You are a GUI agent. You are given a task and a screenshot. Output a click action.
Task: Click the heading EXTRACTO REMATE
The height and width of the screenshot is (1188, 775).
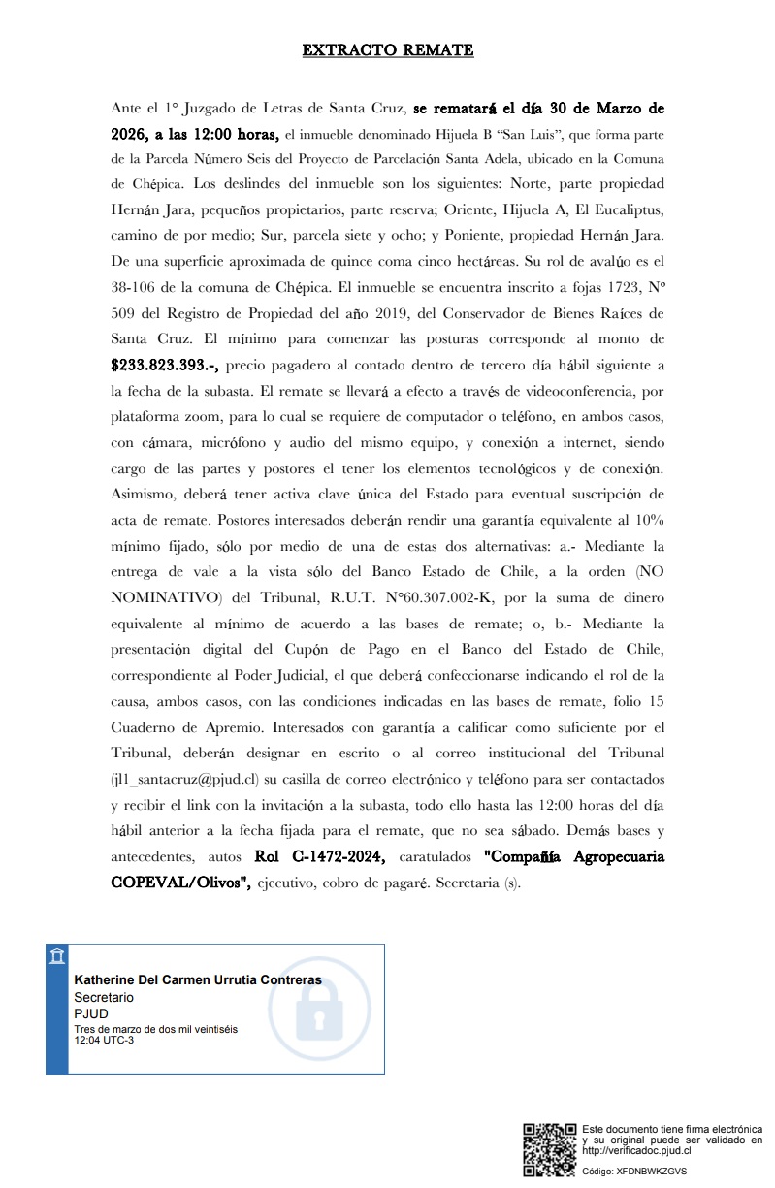(387, 50)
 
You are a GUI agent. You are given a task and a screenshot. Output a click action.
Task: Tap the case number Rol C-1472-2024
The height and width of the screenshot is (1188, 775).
(320, 856)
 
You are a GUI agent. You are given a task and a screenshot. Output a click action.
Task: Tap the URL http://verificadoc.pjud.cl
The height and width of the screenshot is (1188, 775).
(635, 1150)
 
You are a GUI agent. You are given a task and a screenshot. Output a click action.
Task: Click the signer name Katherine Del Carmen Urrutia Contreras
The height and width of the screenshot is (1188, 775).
(198, 980)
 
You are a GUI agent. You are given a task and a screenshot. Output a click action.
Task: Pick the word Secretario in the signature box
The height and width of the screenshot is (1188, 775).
(104, 997)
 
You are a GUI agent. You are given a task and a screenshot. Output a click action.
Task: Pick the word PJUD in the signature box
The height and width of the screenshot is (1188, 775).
(91, 1013)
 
